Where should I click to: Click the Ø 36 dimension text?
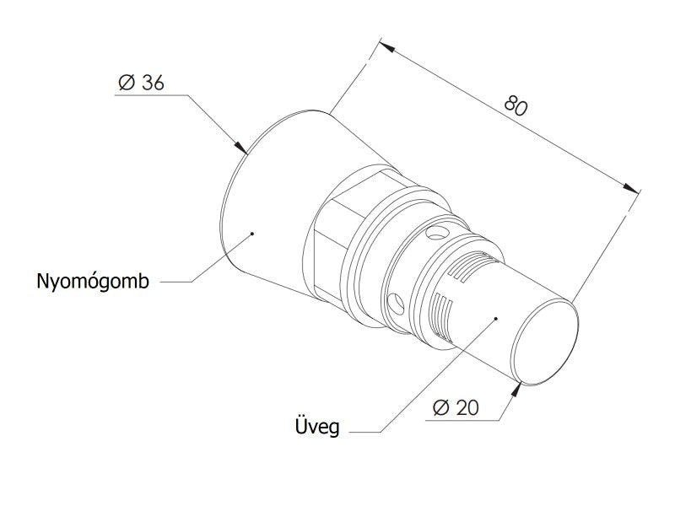(141, 82)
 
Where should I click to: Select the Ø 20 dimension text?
(456, 407)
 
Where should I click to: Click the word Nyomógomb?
(93, 282)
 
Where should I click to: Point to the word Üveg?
(317, 426)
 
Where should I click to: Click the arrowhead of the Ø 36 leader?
(241, 147)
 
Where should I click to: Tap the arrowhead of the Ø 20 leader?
(516, 389)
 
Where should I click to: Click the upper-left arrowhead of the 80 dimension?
(387, 46)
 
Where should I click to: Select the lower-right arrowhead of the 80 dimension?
(631, 188)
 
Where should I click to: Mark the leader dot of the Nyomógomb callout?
(252, 234)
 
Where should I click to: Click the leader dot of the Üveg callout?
(496, 319)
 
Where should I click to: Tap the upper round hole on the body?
(437, 234)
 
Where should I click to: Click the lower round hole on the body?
(396, 304)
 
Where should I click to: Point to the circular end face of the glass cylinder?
(544, 342)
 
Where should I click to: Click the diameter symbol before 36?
(127, 82)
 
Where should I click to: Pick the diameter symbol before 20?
(441, 407)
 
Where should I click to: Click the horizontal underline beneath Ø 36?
(152, 94)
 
